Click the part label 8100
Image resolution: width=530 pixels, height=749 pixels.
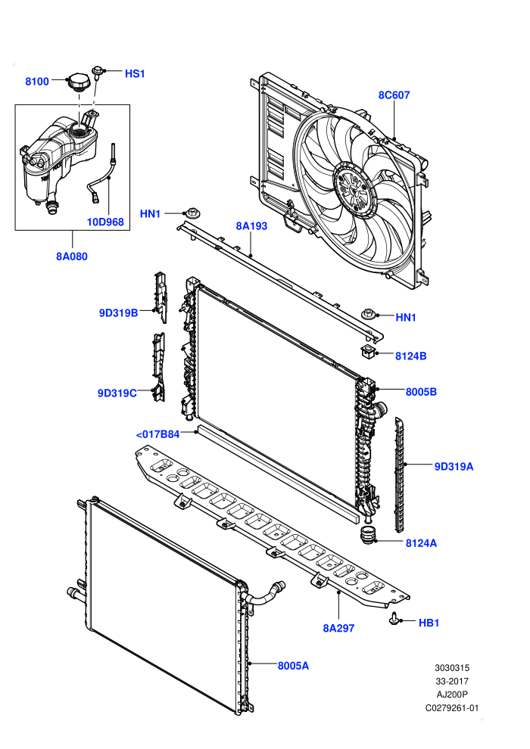37,81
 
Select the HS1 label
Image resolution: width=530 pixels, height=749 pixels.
135,73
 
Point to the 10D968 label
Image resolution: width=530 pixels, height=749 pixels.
105,222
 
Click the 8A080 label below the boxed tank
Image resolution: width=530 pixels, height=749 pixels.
72,256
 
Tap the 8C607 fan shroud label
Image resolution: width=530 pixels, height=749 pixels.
394,95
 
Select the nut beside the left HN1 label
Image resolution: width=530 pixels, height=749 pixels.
192,213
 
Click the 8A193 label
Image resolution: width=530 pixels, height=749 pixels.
251,226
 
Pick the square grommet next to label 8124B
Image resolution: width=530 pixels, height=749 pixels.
368,352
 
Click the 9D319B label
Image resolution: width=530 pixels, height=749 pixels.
119,313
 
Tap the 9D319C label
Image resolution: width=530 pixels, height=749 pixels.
117,393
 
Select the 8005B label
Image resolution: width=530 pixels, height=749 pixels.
421,392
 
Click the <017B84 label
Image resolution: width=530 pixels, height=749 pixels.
157,434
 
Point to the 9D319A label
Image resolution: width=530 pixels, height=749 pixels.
454,466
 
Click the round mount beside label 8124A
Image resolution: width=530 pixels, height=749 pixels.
368,535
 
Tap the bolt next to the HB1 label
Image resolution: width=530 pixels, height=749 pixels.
394,618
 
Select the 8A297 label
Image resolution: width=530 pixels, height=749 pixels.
338,628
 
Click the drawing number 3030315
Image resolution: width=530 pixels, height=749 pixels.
452,668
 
